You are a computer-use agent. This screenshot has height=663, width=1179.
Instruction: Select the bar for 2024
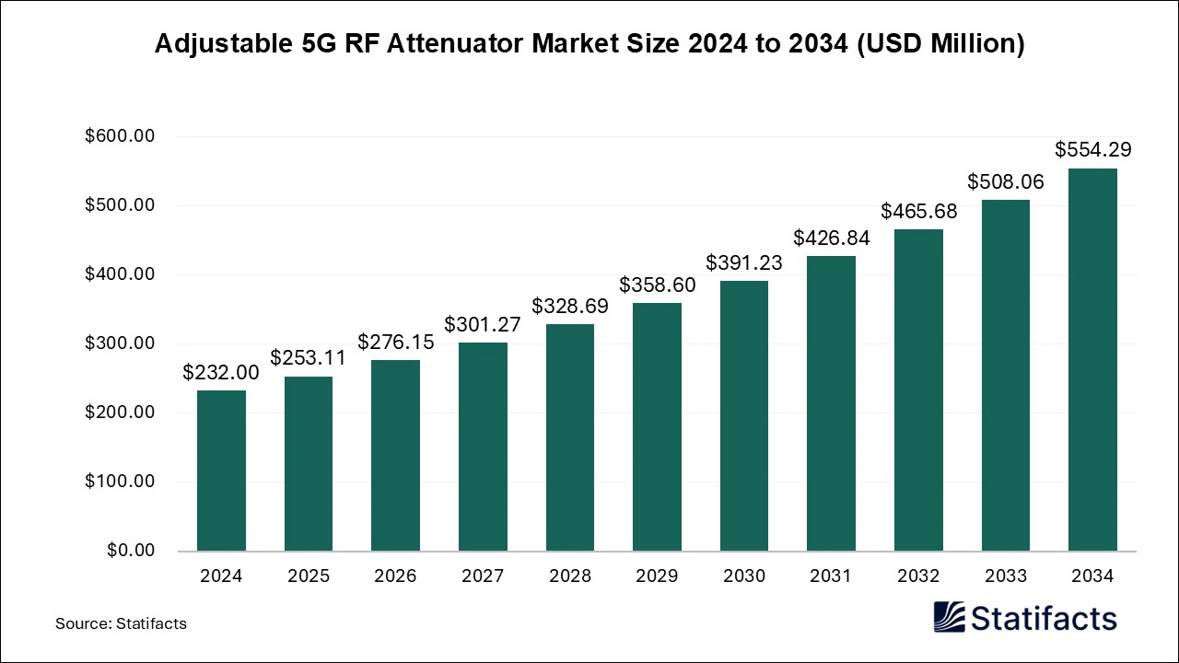coord(221,471)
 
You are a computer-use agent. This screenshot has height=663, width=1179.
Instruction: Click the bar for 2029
coord(657,426)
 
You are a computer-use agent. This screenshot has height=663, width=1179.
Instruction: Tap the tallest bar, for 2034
coord(1092,359)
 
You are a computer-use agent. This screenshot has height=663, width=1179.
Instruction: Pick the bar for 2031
coord(831,402)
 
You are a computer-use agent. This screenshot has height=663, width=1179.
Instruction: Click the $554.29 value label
coord(1092,149)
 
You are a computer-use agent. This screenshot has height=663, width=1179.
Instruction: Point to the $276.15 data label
coord(395,342)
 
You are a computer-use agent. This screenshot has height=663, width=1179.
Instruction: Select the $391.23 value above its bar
coord(743,262)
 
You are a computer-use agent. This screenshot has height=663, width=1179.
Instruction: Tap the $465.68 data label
coord(918,211)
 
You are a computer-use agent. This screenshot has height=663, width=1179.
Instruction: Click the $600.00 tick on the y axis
coord(120,136)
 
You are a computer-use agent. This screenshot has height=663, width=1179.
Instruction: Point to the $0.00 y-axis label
coord(130,551)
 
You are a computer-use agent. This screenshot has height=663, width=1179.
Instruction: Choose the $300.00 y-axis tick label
coord(120,343)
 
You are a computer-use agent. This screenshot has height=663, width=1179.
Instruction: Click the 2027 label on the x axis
coord(482,576)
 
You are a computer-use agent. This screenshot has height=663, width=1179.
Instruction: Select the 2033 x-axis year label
coord(1005,576)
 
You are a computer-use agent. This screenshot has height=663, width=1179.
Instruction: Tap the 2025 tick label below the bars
coord(308,576)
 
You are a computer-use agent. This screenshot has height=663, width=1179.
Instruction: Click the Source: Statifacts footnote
coord(121,623)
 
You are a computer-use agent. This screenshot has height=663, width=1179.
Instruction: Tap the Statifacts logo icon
coord(949,618)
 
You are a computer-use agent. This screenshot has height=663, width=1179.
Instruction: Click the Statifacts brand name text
coord(1044,618)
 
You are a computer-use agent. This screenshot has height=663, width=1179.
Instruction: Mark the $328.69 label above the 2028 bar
coord(569,306)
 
